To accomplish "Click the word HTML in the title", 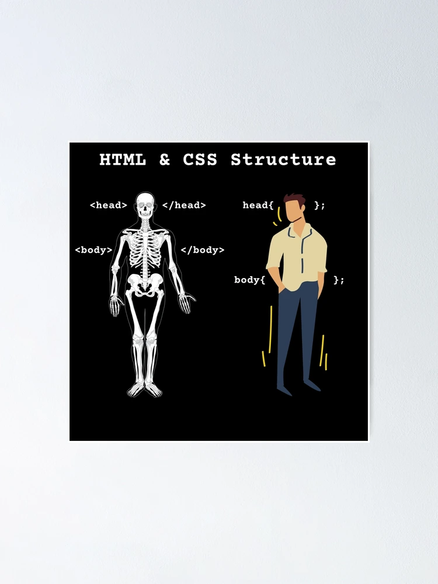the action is point(123,159).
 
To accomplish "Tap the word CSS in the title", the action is point(200,159).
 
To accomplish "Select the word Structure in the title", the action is point(283,159).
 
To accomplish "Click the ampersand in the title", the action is point(165,159).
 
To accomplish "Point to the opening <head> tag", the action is point(109,205).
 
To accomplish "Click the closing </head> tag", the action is point(184,205).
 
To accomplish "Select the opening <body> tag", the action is point(93,250).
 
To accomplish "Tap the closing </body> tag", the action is point(203,250).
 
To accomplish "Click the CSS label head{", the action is point(258,205).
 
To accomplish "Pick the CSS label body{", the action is point(249,280).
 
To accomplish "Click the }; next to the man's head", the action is point(319,205).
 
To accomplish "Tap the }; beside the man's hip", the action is point(339,280).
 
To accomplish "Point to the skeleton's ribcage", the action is point(144,248).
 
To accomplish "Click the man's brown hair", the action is point(294,199).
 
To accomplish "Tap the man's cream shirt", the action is point(297,257).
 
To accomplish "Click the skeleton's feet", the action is point(144,390).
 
